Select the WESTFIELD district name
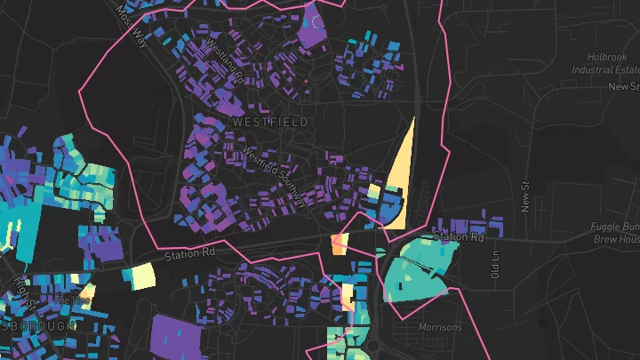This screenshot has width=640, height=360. (270, 121)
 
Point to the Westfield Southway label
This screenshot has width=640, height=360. (274, 176)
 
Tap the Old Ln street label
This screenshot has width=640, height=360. (495, 264)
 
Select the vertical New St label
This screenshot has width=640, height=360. (524, 198)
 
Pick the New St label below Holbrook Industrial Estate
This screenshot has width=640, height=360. (623, 87)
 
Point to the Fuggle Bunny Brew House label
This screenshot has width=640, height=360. (615, 233)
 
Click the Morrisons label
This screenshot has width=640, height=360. (440, 327)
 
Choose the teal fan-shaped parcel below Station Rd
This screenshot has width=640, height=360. (418, 267)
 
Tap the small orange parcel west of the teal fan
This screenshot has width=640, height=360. (339, 244)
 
